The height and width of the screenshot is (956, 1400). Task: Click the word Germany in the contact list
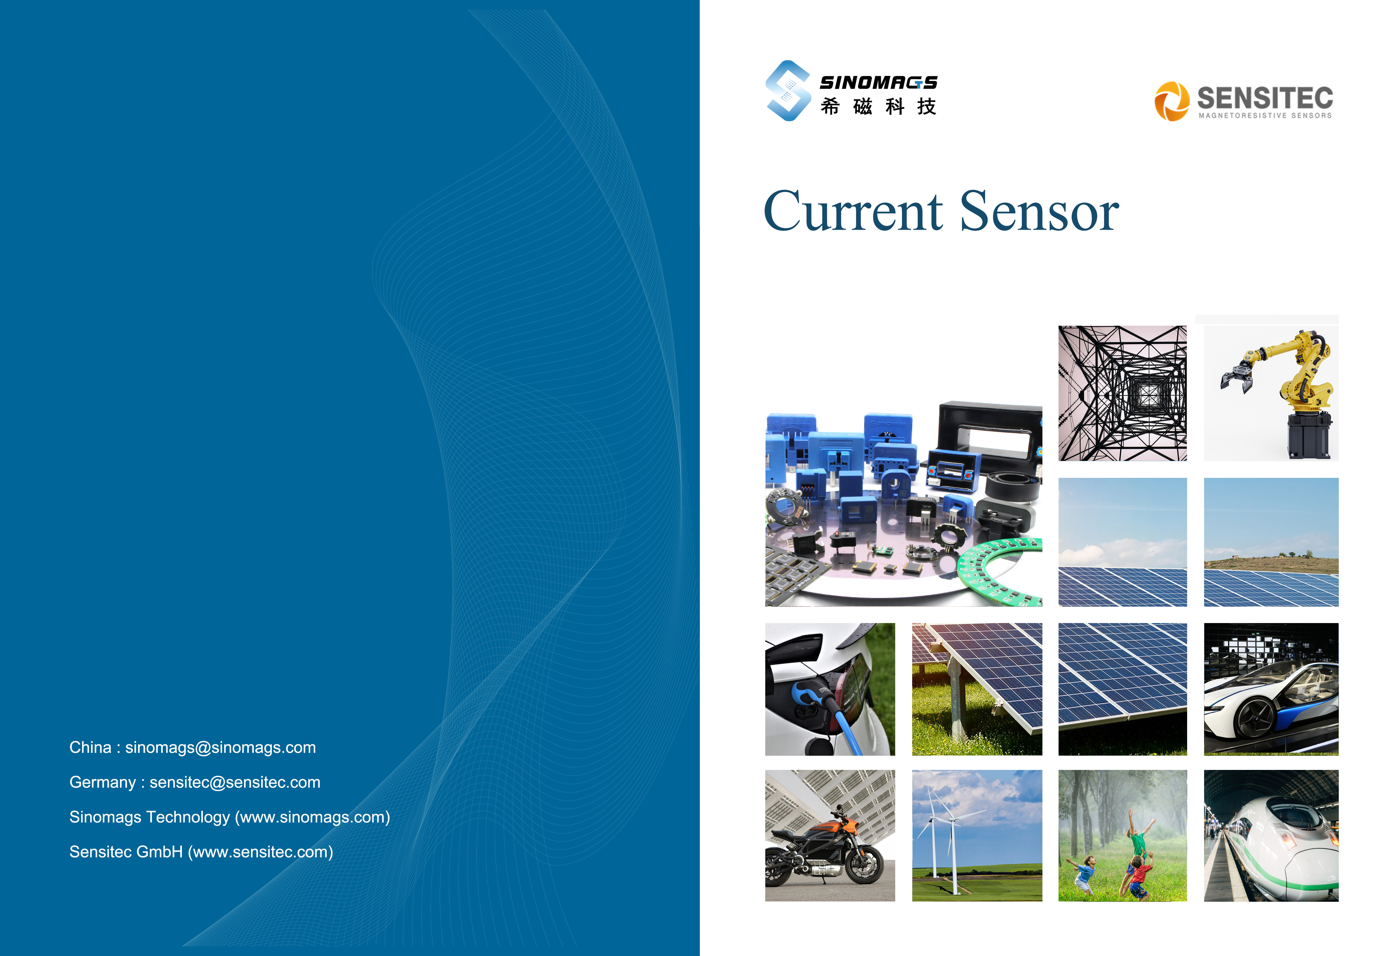point(102,783)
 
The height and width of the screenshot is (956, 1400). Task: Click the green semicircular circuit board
point(997,572)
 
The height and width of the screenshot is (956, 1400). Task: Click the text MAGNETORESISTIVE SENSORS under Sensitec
point(1265,116)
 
